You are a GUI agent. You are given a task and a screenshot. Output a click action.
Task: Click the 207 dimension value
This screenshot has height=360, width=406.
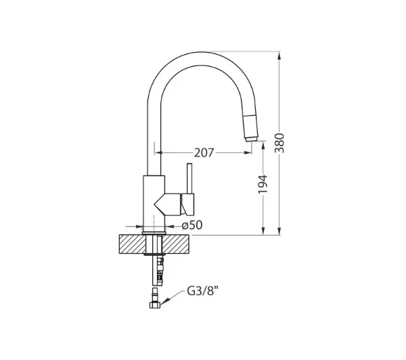pyautogui.click(x=204, y=153)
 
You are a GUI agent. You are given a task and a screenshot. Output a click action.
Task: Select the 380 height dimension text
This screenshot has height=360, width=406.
pyautogui.click(x=279, y=143)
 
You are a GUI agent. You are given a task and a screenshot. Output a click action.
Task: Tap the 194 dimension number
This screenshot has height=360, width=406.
pyautogui.click(x=263, y=185)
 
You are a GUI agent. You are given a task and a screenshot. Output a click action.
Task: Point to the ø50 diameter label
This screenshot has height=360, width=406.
pyautogui.click(x=192, y=225)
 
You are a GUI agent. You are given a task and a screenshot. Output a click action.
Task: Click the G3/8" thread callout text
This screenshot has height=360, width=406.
pyautogui.click(x=203, y=292)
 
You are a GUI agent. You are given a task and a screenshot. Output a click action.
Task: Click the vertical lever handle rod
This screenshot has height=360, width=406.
pyautogui.click(x=189, y=179)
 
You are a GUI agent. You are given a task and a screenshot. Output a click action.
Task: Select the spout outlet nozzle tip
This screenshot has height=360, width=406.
pyautogui.click(x=252, y=139)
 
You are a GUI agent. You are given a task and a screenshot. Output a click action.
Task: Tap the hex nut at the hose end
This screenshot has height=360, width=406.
pyautogui.click(x=155, y=305)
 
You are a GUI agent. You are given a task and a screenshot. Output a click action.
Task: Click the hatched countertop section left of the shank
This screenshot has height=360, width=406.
pyautogui.click(x=133, y=244)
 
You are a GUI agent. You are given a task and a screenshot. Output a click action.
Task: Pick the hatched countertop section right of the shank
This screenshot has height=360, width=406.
pyautogui.click(x=176, y=244)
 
